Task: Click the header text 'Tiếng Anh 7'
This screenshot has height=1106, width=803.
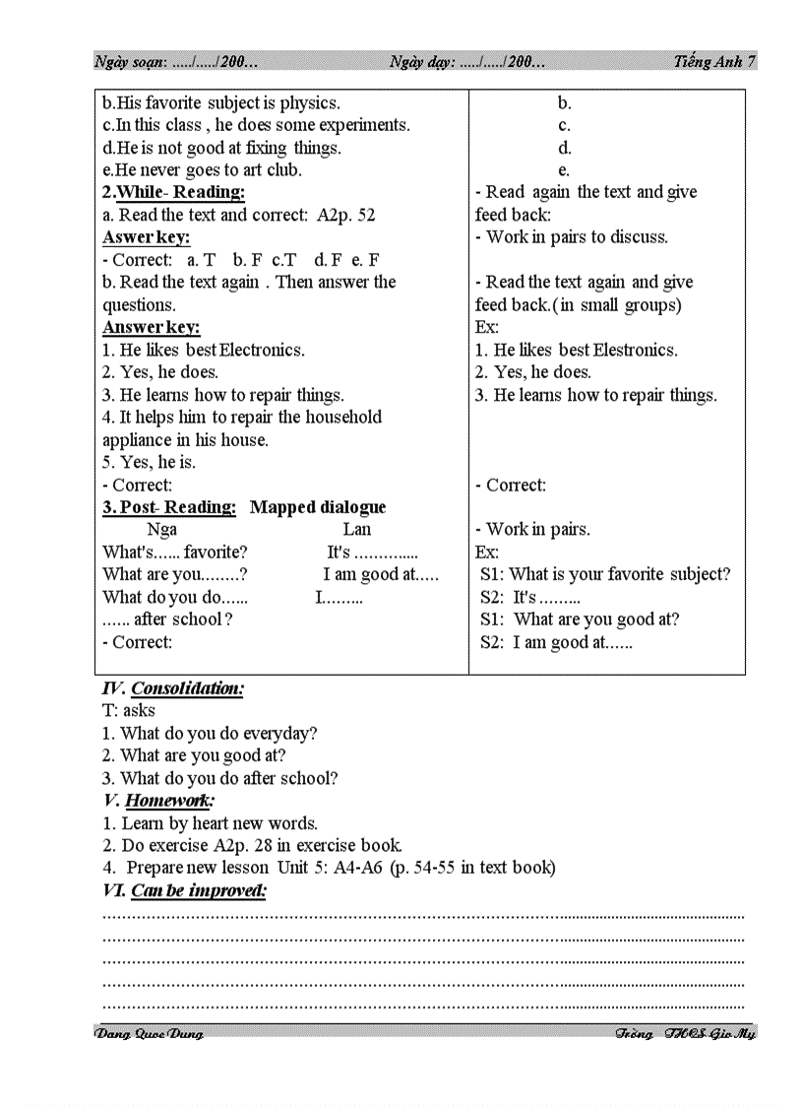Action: tap(714, 61)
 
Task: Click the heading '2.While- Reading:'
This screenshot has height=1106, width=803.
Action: tap(173, 192)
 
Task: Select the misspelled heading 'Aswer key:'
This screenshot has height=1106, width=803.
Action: tap(146, 237)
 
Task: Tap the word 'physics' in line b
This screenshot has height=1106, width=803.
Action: tap(308, 102)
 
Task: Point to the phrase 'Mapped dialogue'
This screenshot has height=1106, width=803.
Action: tap(317, 507)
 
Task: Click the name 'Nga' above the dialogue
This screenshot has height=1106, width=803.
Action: tap(161, 530)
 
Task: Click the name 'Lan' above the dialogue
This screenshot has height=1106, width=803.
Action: tap(356, 530)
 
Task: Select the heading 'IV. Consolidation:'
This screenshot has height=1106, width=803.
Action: tap(173, 688)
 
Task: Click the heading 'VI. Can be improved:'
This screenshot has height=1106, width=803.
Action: tap(184, 890)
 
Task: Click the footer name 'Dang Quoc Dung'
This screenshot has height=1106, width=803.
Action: tap(149, 1033)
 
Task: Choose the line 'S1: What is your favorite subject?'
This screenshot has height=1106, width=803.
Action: tap(605, 574)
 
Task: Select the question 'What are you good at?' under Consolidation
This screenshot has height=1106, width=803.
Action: tap(203, 755)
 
